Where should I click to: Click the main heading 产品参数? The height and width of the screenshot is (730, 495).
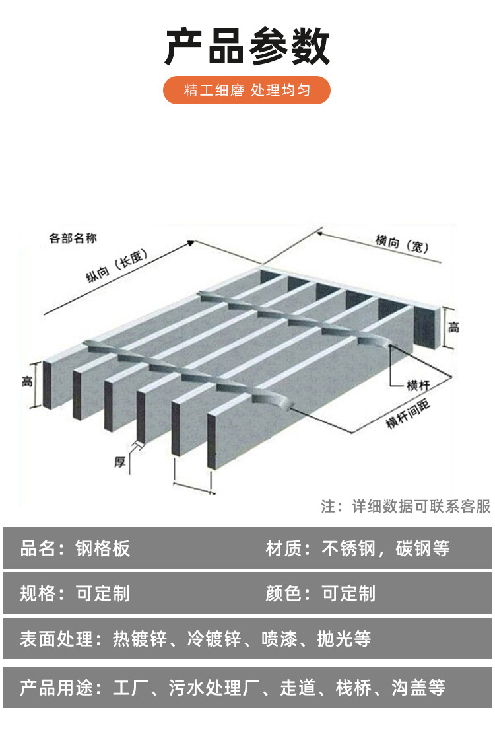[x=247, y=48]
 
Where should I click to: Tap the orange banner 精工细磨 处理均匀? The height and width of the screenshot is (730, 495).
[x=247, y=90]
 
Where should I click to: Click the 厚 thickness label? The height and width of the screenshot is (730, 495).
[x=120, y=462]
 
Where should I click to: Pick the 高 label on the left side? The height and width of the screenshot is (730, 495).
[x=27, y=382]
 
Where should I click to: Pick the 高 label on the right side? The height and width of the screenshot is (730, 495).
[x=454, y=327]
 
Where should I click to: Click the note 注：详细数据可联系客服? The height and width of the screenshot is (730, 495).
[x=406, y=506]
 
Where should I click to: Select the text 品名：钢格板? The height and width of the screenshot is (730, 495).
[x=75, y=548]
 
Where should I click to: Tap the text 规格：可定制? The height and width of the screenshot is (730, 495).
[x=75, y=593]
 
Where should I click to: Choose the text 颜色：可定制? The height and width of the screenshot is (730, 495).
[x=321, y=593]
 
